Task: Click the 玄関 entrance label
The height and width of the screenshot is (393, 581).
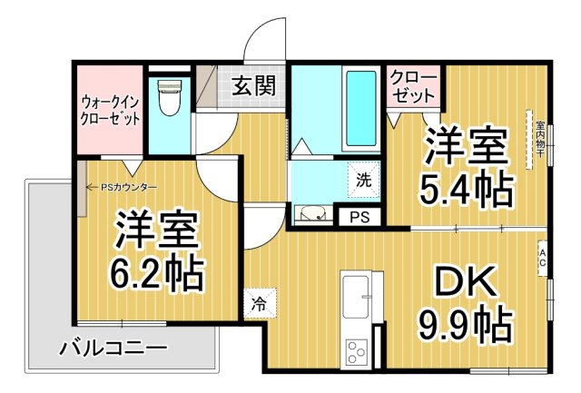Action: click(x=253, y=86)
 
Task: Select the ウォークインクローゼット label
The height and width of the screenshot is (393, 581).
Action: click(x=110, y=109)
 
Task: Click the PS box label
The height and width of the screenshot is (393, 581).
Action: click(x=359, y=217)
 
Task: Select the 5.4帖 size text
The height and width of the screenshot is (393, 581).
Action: click(x=465, y=191)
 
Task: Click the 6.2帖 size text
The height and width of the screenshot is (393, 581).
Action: click(x=157, y=270)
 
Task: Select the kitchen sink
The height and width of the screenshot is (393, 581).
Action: click(x=356, y=292)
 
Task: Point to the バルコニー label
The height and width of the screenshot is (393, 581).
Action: click(x=113, y=348)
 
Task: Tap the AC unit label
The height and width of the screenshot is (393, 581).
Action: click(x=543, y=253)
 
